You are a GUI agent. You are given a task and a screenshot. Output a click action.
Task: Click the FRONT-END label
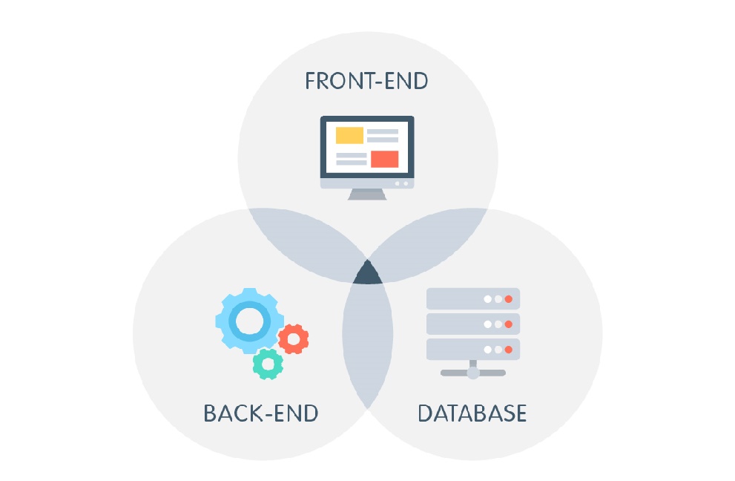pos(366,80)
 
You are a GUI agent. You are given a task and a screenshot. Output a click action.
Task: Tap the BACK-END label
pos(261,413)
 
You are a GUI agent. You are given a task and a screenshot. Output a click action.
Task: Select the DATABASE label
pos(472,413)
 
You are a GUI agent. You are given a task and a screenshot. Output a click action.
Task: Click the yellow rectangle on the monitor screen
pos(349,135)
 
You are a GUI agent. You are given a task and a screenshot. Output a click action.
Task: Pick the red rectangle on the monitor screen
pos(384,159)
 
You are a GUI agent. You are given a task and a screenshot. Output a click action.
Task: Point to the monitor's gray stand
pos(367,194)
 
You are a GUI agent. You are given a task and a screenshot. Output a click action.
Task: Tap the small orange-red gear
pos(294,338)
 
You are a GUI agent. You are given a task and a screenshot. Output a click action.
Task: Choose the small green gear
pos(268,363)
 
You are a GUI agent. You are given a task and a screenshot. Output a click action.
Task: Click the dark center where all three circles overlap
pos(368,274)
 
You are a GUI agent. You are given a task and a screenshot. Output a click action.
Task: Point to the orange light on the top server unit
pos(509,299)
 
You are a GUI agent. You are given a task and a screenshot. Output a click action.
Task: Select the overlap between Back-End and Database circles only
pos(368,341)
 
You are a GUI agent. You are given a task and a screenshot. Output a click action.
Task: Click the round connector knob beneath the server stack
pos(473,373)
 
